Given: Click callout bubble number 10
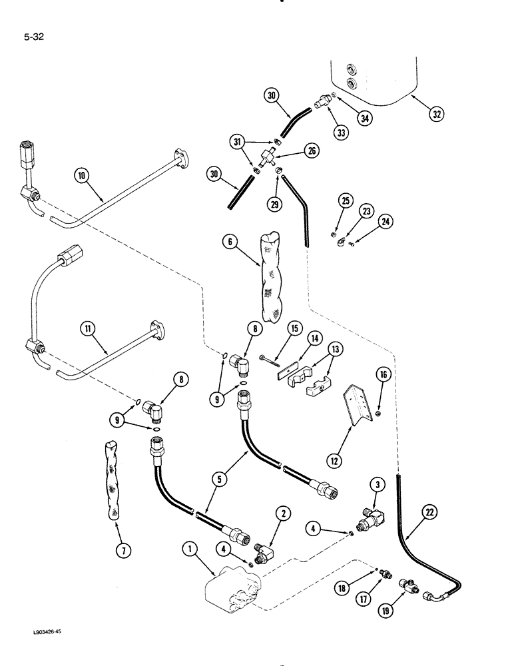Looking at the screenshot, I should [83, 176].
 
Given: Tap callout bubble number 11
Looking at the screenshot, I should [88, 328].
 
